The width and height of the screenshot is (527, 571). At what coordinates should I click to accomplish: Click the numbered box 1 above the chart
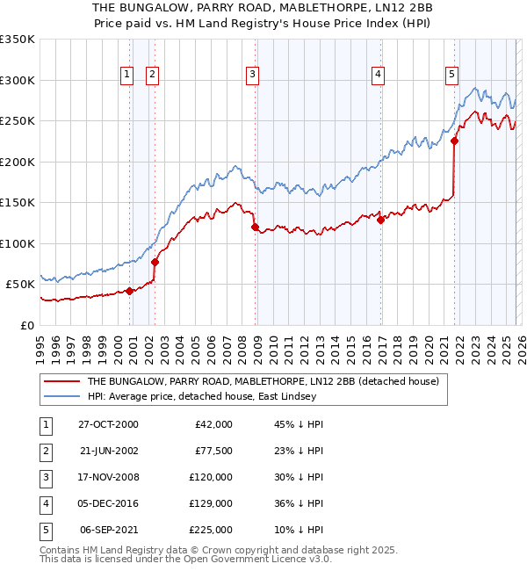[127, 76]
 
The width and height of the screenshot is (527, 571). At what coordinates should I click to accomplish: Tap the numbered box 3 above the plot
[252, 76]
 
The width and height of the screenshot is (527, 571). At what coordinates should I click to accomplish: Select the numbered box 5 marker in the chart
[451, 76]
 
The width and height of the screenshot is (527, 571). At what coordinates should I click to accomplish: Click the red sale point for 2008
[255, 228]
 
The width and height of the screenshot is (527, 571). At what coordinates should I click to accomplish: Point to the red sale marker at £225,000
[455, 141]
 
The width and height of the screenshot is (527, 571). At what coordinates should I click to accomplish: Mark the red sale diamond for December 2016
[380, 220]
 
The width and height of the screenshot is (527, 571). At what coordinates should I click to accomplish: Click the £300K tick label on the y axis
[18, 80]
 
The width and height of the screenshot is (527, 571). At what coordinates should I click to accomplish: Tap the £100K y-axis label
[18, 243]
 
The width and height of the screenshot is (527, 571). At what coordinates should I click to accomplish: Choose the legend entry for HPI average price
[203, 397]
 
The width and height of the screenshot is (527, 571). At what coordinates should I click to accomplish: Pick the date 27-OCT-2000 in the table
[108, 424]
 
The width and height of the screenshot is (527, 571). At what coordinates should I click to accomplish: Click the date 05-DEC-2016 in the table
[108, 503]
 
